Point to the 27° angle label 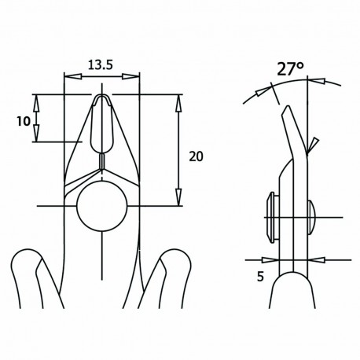tap(290, 68)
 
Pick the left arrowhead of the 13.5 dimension tap(68, 77)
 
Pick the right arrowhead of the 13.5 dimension tap(135, 77)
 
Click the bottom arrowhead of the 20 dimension tap(178, 200)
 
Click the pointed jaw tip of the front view tap(101, 97)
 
